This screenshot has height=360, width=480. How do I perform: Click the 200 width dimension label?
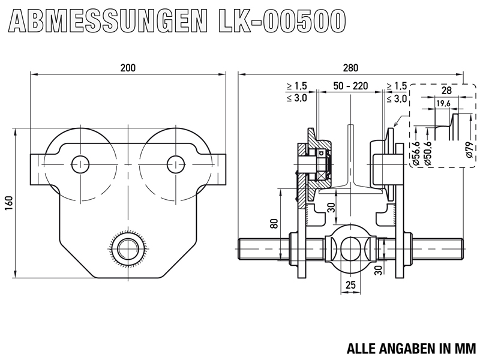click(127, 68)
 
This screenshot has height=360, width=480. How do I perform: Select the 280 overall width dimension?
click(350, 68)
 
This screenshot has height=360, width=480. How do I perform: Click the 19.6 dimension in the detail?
click(443, 104)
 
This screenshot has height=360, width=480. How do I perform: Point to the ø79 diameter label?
click(469, 147)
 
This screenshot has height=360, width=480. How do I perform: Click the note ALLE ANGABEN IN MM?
click(410, 348)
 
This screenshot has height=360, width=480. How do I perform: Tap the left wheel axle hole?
click(80, 162)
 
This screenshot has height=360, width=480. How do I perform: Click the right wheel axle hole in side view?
click(175, 162)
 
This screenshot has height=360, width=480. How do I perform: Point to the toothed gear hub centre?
click(127, 247)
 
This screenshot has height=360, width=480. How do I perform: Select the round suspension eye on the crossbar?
click(350, 247)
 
